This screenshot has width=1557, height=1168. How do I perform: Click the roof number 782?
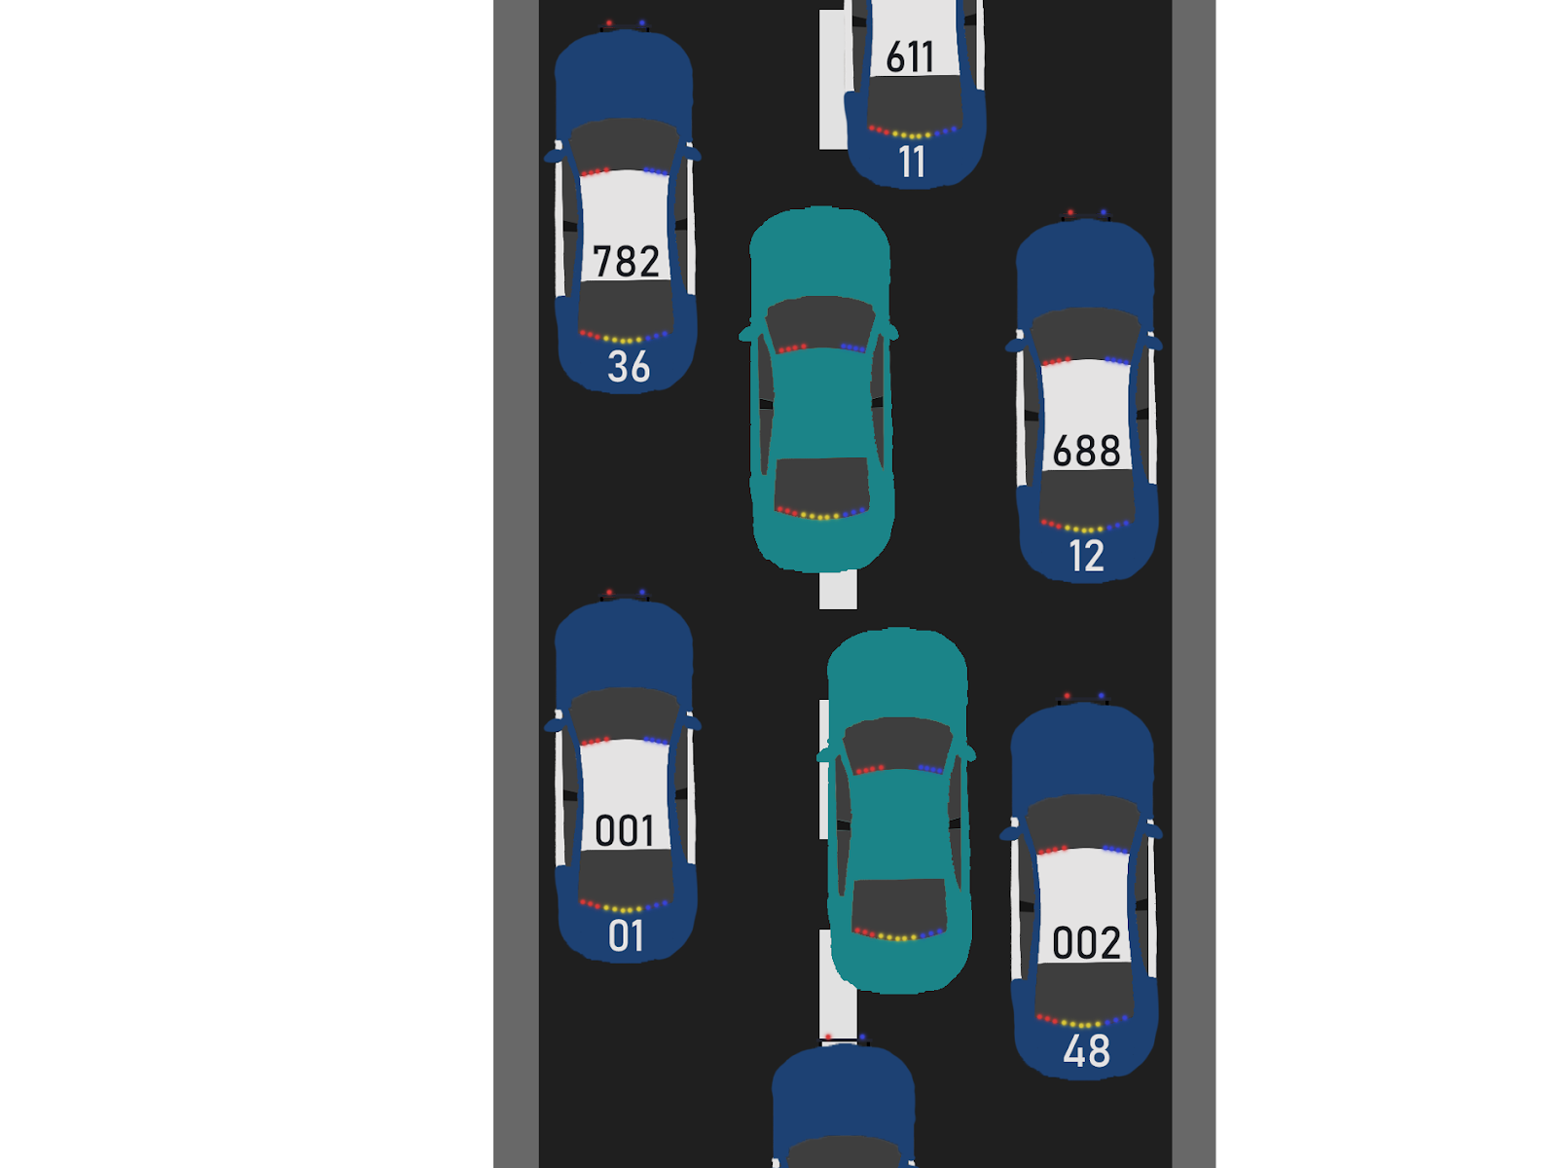[x=626, y=261]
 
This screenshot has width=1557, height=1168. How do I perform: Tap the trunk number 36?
[x=628, y=367]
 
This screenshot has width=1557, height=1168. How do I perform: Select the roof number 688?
[x=1086, y=451]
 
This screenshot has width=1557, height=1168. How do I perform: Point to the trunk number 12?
[x=1086, y=556]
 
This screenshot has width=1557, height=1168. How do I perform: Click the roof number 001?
[x=625, y=830]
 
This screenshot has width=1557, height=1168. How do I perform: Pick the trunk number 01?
[x=626, y=936]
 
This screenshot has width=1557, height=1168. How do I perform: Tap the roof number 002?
[x=1086, y=942]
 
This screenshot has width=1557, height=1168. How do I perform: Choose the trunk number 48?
[x=1086, y=1051]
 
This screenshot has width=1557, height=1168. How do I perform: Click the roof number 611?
[x=911, y=56]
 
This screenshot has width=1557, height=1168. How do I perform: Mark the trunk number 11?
[x=912, y=162]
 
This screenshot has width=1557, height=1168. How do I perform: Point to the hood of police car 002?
[x=1082, y=749]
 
